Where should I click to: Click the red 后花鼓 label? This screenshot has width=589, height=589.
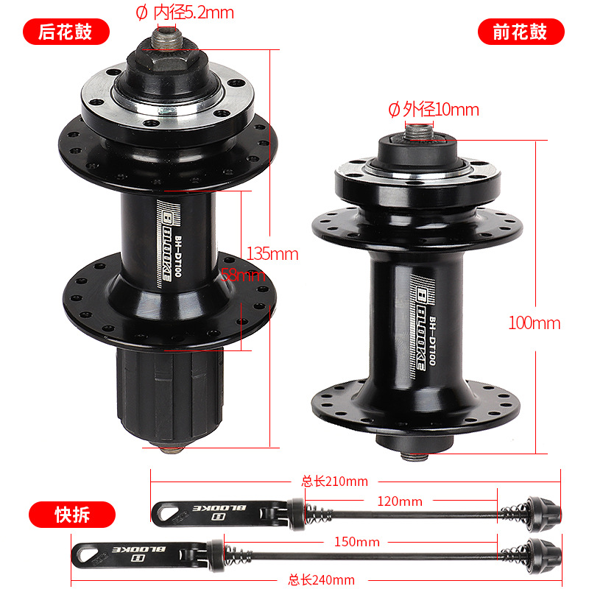coord(66,32)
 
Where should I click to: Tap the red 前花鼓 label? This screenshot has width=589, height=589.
coord(521,32)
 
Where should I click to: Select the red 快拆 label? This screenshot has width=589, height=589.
coord(71,514)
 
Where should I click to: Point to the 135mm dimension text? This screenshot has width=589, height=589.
coord(272,254)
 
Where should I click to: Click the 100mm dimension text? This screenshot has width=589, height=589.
coord(534,322)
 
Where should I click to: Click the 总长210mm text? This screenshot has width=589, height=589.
coord(334,482)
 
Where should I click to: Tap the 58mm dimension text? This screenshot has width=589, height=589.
coord(244,275)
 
